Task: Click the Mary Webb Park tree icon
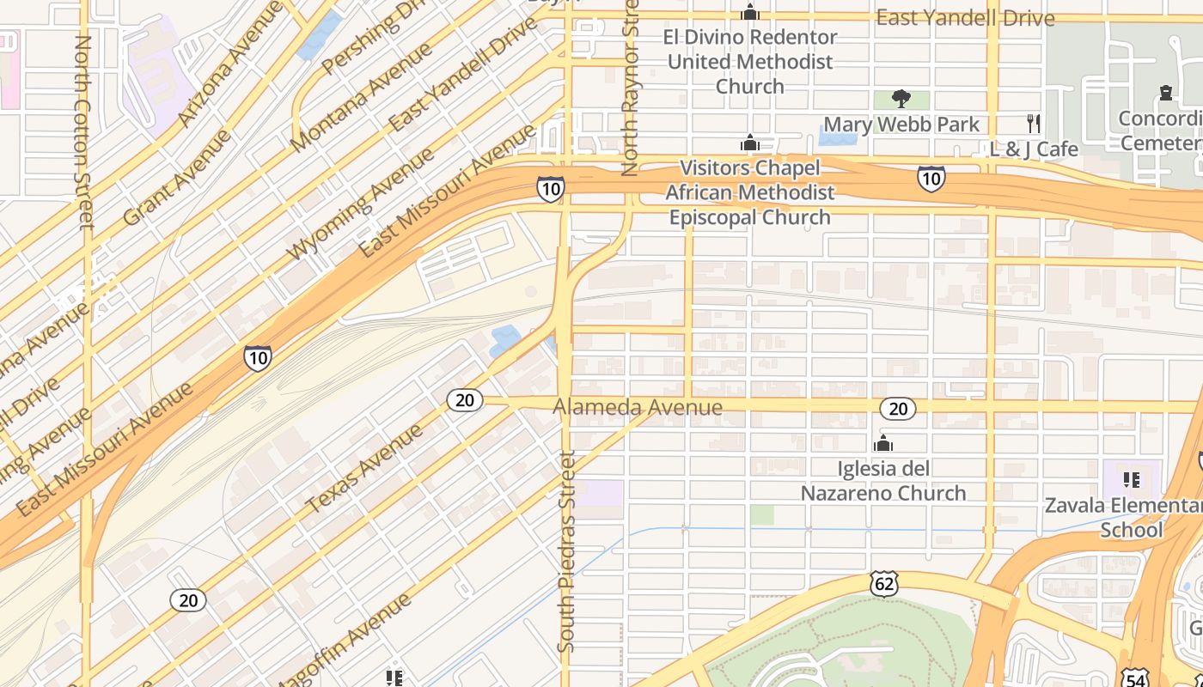click(x=901, y=99)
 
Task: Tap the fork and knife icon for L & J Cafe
click(x=1034, y=124)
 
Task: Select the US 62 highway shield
click(x=884, y=584)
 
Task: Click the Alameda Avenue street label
click(x=638, y=407)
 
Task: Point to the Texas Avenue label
click(x=364, y=469)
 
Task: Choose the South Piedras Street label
click(x=565, y=550)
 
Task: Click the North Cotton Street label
click(x=83, y=132)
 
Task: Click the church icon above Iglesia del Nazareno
click(x=882, y=444)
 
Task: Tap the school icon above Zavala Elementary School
click(x=1132, y=479)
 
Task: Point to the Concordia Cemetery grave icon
click(x=1166, y=92)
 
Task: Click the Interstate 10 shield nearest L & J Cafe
click(x=931, y=179)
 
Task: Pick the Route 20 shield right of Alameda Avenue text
click(x=898, y=409)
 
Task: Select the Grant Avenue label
click(x=177, y=178)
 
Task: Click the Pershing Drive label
click(x=373, y=39)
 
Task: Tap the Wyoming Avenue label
click(x=360, y=204)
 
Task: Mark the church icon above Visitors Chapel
click(x=750, y=143)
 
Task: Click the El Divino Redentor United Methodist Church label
click(x=749, y=62)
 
